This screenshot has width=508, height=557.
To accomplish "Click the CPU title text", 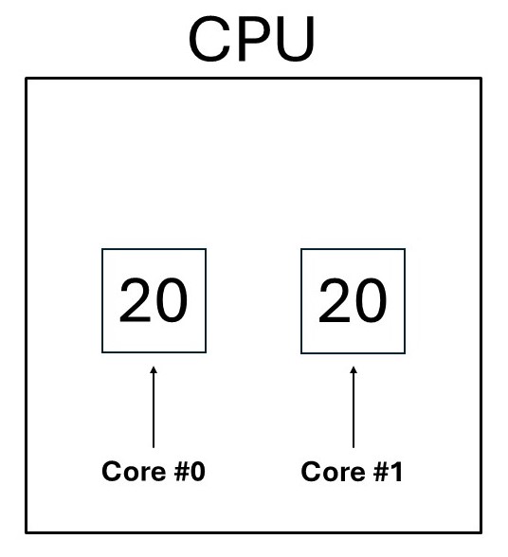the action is [x=252, y=38].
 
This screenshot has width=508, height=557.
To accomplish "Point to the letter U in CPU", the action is [x=295, y=39].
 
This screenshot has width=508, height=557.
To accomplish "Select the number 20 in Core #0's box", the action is [x=154, y=300].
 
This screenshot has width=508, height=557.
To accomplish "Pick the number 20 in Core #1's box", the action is [x=353, y=300].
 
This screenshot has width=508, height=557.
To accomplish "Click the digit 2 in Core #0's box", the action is [x=136, y=299].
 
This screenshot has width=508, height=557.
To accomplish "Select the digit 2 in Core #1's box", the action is [x=335, y=300].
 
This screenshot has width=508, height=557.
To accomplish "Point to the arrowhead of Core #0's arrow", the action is [x=154, y=369].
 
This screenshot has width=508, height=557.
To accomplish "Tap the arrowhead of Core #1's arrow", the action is [x=354, y=369].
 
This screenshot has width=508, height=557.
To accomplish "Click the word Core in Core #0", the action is [x=134, y=472].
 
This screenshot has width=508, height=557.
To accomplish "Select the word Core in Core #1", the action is [x=333, y=472].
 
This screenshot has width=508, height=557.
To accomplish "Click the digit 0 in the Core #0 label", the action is [x=198, y=472].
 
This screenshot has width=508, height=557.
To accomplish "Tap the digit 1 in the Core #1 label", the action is [x=396, y=472].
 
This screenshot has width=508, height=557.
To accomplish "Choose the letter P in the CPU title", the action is [x=252, y=38].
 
